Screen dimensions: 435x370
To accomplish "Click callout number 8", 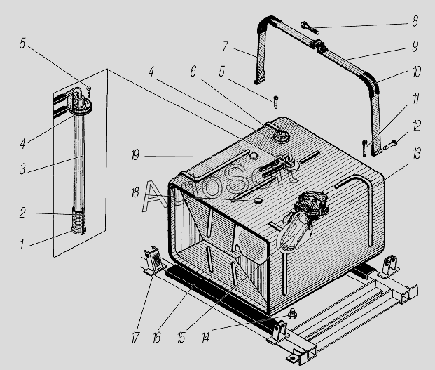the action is (415, 21).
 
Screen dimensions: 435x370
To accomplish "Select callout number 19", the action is (135, 155).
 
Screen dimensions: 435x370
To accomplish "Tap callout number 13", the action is (417, 154).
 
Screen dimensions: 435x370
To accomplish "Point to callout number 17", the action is (135, 337).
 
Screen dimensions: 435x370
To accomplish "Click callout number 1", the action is (22, 244).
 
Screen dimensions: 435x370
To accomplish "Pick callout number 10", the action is (417, 72).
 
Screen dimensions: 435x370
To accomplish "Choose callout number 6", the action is (193, 71).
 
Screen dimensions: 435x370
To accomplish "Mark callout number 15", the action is (181, 337).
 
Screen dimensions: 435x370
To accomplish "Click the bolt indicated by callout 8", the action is (310, 28).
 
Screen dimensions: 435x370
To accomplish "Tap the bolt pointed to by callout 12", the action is (390, 145).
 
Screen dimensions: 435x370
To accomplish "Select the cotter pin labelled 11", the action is (364, 148).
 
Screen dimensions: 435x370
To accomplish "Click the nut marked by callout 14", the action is (291, 315).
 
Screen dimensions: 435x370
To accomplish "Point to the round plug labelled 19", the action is (254, 156).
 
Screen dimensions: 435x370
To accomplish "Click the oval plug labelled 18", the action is (258, 200).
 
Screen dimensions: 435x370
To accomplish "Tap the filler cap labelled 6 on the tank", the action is (281, 136).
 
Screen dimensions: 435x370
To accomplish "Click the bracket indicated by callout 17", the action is (153, 260).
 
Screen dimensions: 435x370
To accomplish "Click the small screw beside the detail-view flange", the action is (89, 92).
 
